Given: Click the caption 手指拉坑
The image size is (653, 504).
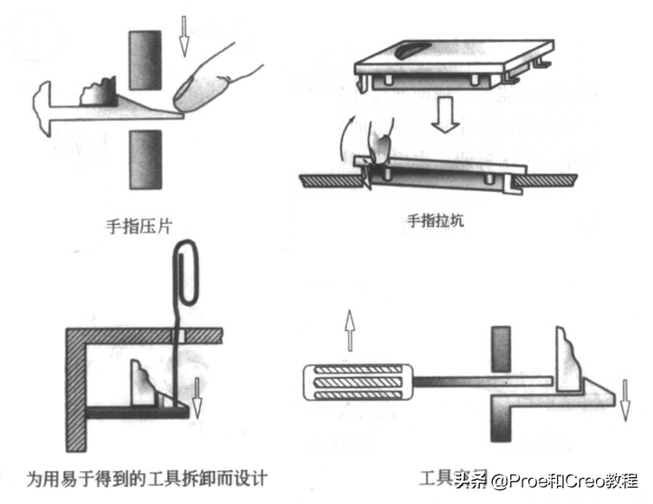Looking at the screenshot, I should tap(435, 220).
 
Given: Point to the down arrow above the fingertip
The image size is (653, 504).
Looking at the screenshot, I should tap(183, 32).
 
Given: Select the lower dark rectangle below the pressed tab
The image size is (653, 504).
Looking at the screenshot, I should tap(144, 159).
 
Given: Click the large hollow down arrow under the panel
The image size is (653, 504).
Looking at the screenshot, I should tap(446, 116).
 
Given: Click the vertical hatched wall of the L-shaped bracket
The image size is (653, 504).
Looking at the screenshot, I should tap(74, 389).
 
